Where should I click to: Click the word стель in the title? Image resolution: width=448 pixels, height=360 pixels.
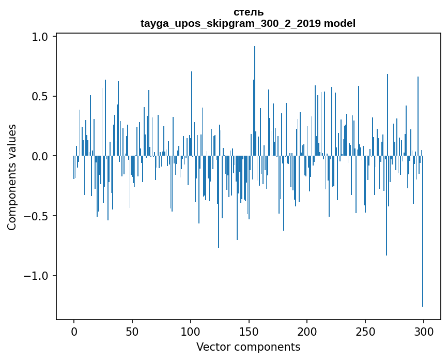(248, 12)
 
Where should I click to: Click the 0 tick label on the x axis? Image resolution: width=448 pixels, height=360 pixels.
(74, 331)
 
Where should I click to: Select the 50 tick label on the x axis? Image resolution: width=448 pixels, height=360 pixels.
(132, 331)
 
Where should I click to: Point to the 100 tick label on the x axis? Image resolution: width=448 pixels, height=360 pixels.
(191, 331)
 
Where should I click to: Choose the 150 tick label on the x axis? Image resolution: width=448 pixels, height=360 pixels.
(249, 331)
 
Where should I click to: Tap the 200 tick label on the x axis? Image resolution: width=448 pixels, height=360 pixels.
(307, 331)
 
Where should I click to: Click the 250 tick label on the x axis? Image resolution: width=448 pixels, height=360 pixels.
(365, 331)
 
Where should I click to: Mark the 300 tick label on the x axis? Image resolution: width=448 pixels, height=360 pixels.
(424, 331)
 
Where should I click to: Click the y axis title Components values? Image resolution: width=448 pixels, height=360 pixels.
(12, 177)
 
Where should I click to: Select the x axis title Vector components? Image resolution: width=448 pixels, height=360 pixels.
(248, 347)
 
